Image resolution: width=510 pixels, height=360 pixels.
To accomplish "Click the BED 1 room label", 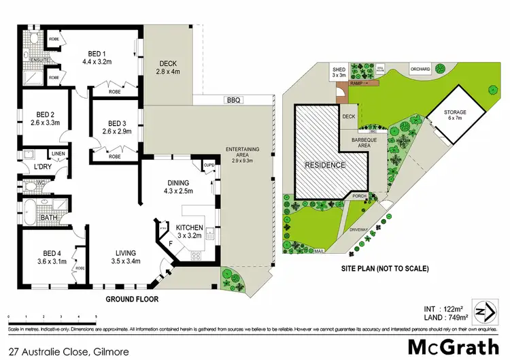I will pos(99,52).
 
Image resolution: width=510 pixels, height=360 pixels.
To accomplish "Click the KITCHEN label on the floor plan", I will pos(190,227).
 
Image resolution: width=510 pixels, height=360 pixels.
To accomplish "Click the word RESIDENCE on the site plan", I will pos(324,165).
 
